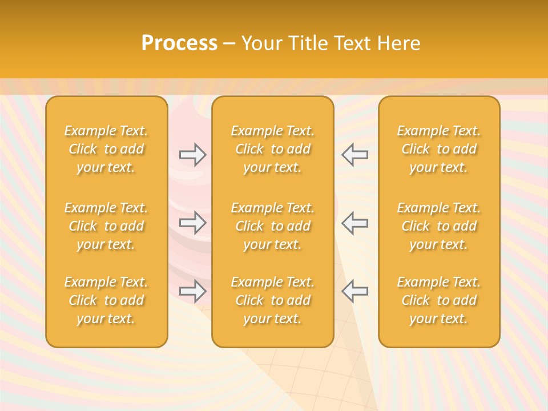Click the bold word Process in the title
(x=179, y=43)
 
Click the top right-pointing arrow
(x=192, y=155)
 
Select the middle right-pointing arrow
(x=192, y=223)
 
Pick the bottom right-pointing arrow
(x=192, y=291)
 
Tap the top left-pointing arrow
(x=354, y=155)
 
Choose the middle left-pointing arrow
(x=354, y=223)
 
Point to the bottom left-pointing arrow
(x=354, y=291)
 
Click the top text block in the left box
(x=106, y=149)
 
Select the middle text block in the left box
(x=106, y=226)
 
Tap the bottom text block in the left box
(x=106, y=300)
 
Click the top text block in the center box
(x=272, y=149)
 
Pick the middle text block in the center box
(x=272, y=226)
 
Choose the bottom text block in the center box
(x=272, y=300)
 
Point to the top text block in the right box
(x=438, y=149)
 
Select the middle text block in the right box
(x=438, y=226)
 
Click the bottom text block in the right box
(x=438, y=300)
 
